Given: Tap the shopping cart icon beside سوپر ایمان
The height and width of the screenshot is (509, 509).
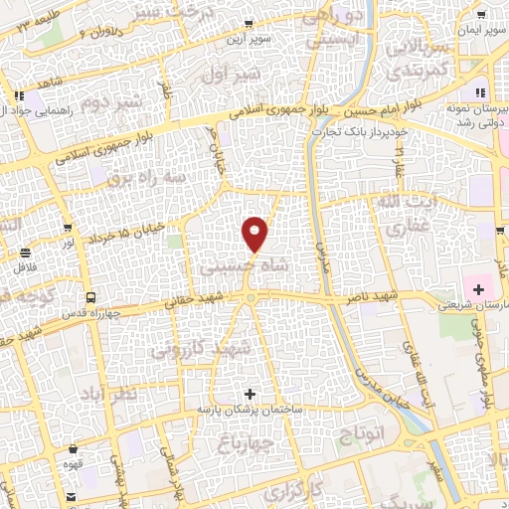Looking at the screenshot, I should [481, 15].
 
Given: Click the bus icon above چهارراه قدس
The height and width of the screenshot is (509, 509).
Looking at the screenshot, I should [91, 297].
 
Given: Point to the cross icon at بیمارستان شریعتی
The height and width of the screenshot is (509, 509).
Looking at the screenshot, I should [479, 290].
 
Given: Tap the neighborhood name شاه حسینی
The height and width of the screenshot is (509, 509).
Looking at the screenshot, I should [230, 268].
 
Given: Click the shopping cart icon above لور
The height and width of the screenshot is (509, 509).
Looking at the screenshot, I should [68, 228].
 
